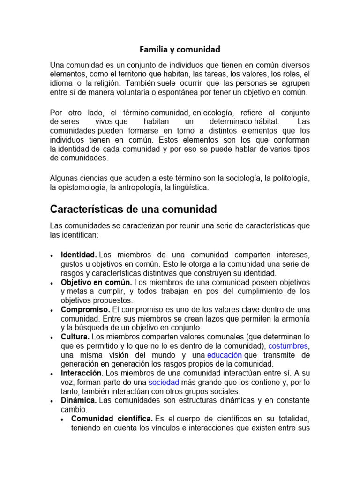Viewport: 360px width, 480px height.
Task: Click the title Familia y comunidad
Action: [x=180, y=49]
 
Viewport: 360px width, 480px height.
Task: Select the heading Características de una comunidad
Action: [x=133, y=209]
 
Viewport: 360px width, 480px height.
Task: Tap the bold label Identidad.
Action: [x=79, y=255]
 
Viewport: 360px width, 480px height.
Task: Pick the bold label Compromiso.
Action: [x=85, y=310]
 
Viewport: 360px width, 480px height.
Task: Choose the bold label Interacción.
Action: [x=82, y=373]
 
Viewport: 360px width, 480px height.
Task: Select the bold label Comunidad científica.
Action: [x=112, y=419]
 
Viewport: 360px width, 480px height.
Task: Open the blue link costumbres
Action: [x=289, y=346]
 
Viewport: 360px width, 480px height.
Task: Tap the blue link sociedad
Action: [x=164, y=382]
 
